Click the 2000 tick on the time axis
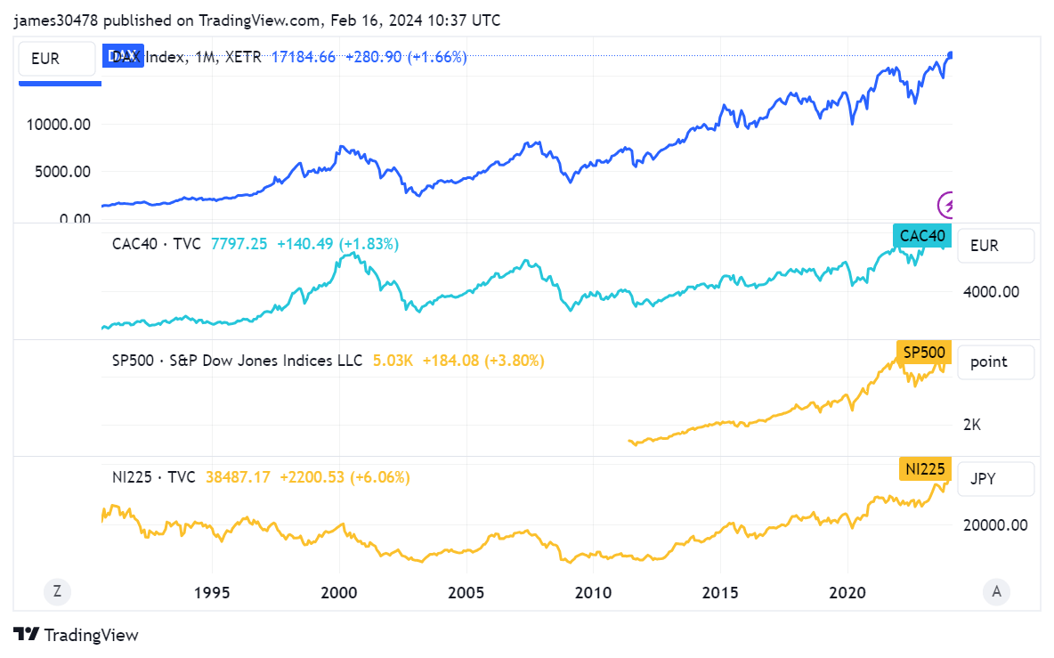pos(338,592)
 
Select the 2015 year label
pos(720,592)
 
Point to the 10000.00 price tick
pos(59,125)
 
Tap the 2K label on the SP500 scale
pos(972,425)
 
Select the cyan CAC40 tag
pos(922,236)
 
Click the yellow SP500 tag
pos(924,353)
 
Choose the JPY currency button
pos(995,478)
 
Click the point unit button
pos(995,361)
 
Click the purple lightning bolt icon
pos(949,205)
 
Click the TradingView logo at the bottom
pos(77,635)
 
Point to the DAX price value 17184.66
pos(304,57)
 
